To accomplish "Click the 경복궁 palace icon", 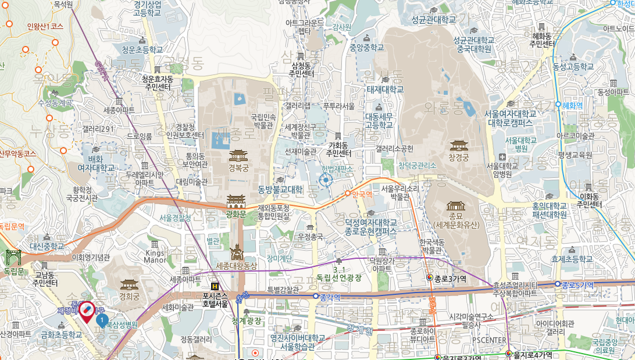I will [238, 155].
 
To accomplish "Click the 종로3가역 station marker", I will [429, 279].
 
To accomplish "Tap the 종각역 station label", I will [330, 296].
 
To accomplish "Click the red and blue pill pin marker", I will [86, 312].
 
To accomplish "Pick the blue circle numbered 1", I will [102, 320].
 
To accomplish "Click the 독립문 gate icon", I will [13, 256].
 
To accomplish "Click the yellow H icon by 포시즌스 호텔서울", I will [215, 286].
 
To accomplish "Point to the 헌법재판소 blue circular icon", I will [325, 181].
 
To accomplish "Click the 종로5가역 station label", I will [577, 284].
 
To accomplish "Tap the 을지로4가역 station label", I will [532, 354].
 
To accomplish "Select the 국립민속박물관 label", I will [262, 121].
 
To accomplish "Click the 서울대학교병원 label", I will [520, 144].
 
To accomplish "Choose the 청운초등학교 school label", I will [138, 50].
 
